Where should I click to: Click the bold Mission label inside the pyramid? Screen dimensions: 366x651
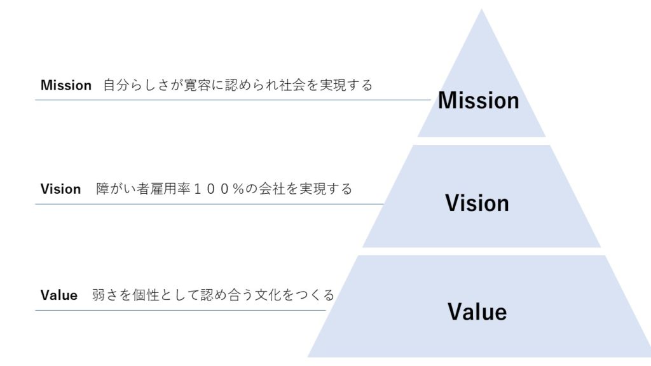click(x=478, y=100)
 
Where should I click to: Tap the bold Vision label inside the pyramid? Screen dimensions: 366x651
click(x=477, y=203)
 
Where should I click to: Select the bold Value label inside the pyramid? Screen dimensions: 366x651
click(x=477, y=312)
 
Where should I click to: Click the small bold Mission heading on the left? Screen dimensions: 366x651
click(x=66, y=85)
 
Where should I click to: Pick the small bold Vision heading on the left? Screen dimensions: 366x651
click(x=60, y=189)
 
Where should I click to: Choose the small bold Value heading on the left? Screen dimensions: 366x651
click(x=58, y=295)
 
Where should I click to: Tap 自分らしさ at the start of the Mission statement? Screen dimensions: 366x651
click(x=136, y=85)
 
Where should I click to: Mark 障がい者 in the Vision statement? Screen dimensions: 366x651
click(x=123, y=189)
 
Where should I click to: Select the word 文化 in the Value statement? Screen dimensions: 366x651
click(x=265, y=295)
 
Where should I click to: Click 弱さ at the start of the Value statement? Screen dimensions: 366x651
click(x=105, y=295)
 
